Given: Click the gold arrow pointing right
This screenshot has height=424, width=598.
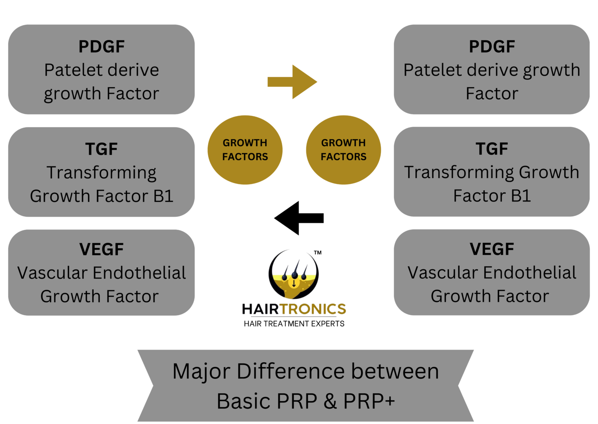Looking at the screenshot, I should tap(292, 82).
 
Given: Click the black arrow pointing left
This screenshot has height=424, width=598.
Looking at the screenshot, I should tap(299, 218).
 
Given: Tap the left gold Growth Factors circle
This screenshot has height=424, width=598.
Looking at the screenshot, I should tap(245, 150).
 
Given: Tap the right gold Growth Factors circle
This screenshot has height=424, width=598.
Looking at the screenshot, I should tap(343, 150).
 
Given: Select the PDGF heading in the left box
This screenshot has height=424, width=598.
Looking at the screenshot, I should tap(102, 47).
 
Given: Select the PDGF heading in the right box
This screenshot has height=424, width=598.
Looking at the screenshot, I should tap(492, 47).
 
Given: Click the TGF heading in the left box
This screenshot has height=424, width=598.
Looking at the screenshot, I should tap(102, 149).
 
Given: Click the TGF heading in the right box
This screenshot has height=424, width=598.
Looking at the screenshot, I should tap(492, 149).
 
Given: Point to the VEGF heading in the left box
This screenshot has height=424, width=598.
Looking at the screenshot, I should tap(102, 249).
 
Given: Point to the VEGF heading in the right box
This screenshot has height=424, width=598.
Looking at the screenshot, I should tap(492, 249).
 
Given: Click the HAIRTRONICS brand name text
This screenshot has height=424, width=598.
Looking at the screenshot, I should tap(294, 309).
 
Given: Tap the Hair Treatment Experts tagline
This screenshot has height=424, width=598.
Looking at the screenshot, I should tap(294, 324).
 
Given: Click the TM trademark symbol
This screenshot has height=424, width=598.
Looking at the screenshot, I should tap(318, 253).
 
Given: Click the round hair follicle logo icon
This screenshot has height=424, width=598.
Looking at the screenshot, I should tap(294, 274).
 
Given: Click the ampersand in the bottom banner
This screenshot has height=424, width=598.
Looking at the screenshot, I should tap(330, 401).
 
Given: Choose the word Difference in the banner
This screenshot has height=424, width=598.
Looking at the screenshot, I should tap(291, 371).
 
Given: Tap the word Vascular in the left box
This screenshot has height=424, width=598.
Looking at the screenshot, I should tap(53, 273).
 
